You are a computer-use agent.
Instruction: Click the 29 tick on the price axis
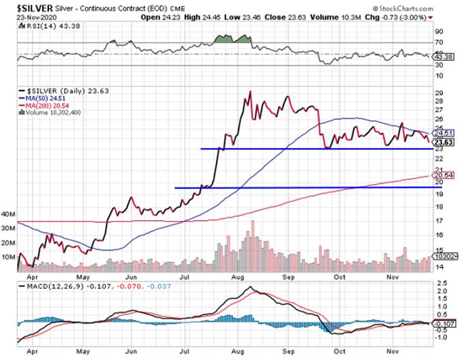tap(440, 93)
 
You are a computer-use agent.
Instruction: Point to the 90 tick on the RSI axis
tap(440, 31)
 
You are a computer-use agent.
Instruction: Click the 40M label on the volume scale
tap(8, 214)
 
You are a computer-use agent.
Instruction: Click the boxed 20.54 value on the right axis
tap(444, 176)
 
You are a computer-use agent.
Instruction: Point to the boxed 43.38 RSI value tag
tap(444, 56)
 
